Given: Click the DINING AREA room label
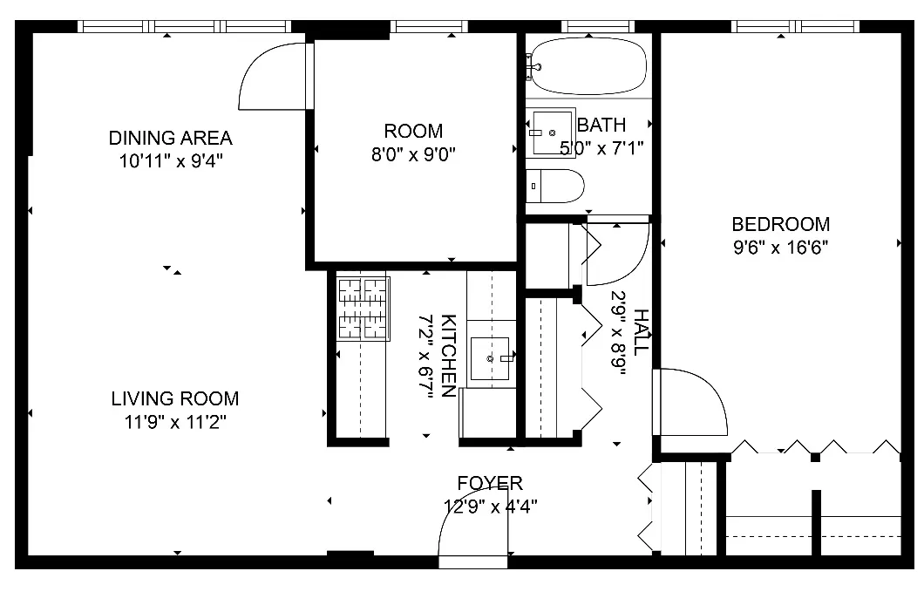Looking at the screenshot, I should (x=170, y=138).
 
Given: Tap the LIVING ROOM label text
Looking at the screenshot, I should (x=174, y=399).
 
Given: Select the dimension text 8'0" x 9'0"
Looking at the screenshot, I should (x=414, y=154).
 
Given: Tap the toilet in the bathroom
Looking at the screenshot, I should (x=555, y=186).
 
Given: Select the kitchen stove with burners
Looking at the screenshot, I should (x=363, y=309).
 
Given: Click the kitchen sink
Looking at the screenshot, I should (x=491, y=358).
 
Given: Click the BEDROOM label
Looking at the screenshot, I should (x=780, y=224).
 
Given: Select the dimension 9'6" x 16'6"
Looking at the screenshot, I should (x=780, y=247).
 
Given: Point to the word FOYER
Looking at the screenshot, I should (x=490, y=483).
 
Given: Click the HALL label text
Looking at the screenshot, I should (x=641, y=332).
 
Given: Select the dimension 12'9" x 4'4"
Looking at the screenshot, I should (x=490, y=506).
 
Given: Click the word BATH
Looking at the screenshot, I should (x=601, y=126).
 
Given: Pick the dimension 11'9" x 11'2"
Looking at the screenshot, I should (x=174, y=423).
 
